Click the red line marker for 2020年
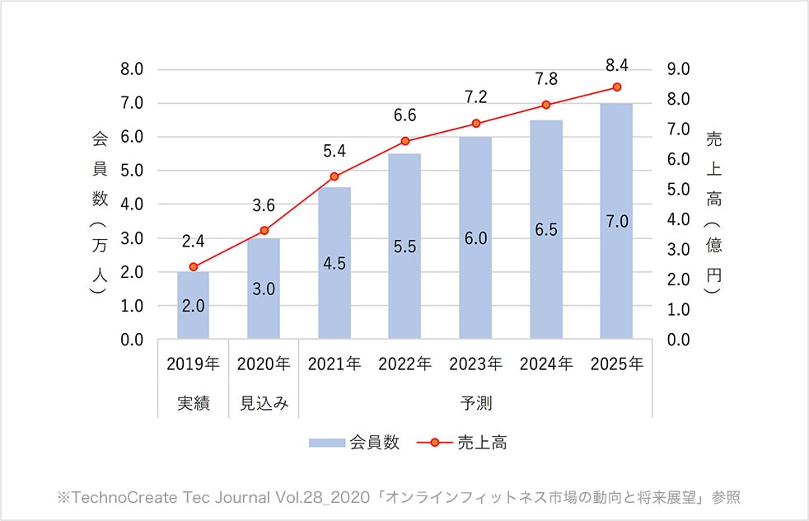point(264,231)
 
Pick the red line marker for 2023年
point(475,124)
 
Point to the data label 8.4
point(616,65)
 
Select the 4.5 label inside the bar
point(334,265)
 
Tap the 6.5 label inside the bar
point(545,230)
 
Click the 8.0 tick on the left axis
point(132,69)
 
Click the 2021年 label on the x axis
point(334,364)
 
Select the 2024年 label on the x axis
point(545,364)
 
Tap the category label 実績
point(193,404)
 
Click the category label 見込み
point(264,404)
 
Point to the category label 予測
point(475,404)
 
